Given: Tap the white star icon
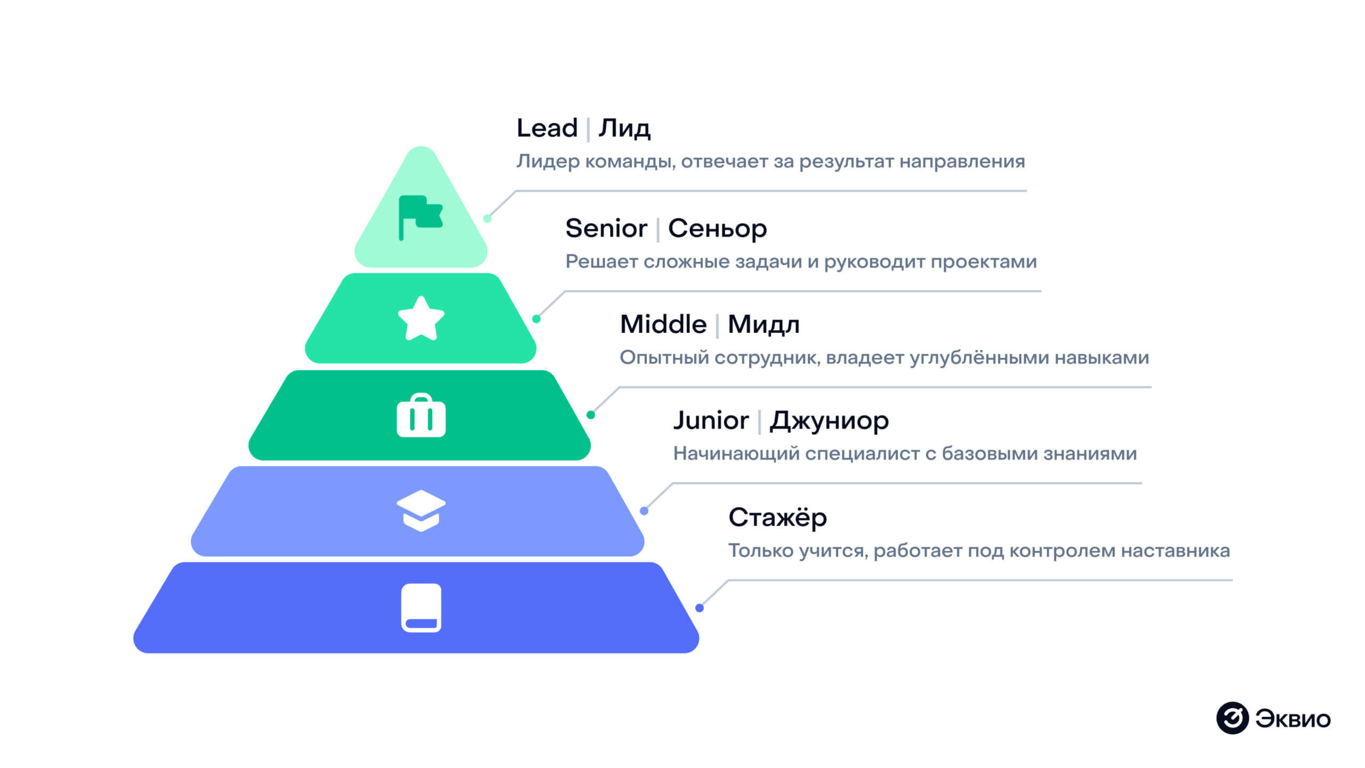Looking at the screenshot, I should [421, 319].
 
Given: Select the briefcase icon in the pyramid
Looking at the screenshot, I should [421, 416].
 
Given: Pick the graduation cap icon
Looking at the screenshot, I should [421, 510].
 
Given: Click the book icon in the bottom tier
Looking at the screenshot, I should [421, 607].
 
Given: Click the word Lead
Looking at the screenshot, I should [547, 128].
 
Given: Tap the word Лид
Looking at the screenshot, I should [624, 129].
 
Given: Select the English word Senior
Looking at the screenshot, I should [606, 228].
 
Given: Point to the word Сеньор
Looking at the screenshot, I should [717, 229].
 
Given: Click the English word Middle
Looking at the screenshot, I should [663, 324].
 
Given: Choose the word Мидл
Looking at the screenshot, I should [764, 325].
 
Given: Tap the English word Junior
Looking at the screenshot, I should [711, 420].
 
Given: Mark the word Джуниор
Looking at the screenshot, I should [829, 421].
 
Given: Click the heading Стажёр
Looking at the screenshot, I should [777, 517].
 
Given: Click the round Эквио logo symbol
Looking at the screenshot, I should [1232, 718].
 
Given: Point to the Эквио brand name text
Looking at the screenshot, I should [1293, 719].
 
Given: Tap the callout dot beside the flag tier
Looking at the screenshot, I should [487, 218].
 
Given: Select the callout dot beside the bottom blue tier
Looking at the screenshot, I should [700, 608].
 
